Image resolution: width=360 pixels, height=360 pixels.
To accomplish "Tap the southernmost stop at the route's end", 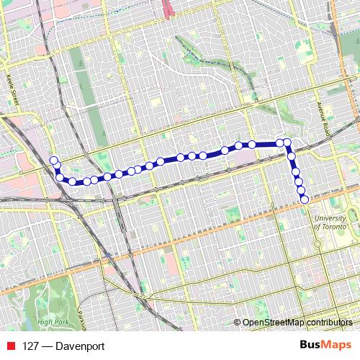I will [305, 199].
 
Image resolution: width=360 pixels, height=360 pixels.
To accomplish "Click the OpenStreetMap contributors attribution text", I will [299, 322].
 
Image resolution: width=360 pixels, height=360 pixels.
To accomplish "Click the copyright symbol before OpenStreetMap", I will [238, 322].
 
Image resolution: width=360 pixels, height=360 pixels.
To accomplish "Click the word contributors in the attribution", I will [331, 322].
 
